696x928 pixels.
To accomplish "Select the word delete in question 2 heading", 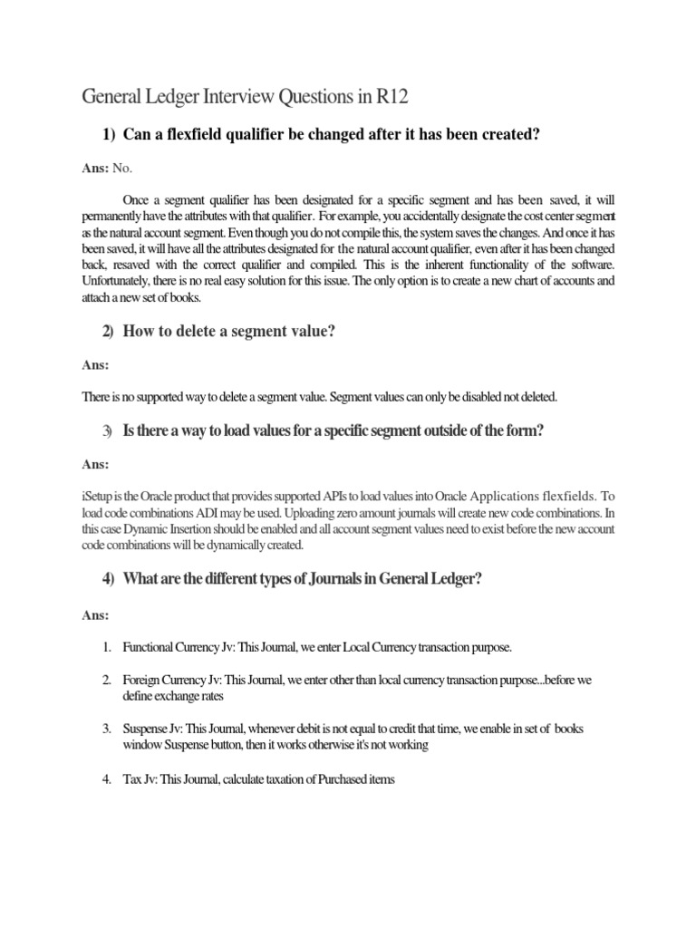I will click(184, 333).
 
